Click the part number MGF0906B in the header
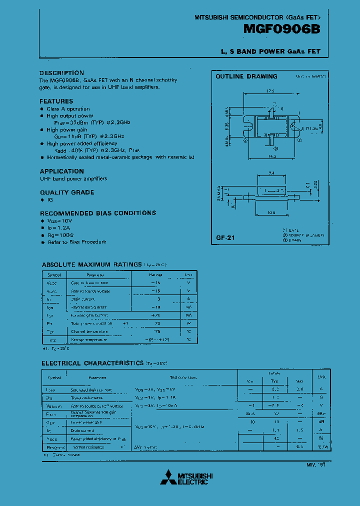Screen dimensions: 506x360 (x=281, y=30)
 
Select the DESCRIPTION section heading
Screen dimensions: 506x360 (x=62, y=73)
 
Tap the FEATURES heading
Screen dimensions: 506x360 (x=56, y=101)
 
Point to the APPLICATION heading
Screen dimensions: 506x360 (x=62, y=171)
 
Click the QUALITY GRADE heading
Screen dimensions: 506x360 (x=67, y=192)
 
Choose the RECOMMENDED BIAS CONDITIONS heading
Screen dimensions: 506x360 (x=98, y=213)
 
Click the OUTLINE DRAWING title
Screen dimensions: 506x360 (x=246, y=76)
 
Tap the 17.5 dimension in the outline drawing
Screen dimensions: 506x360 (x=271, y=91)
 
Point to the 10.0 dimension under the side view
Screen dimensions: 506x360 (x=271, y=212)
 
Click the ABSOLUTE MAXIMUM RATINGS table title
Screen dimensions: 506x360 (x=92, y=264)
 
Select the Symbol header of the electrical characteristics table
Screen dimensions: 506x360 (x=53, y=377)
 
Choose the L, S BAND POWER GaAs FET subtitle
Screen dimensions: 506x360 (x=270, y=51)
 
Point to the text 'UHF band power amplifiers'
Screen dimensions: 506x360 (x=73, y=178)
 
